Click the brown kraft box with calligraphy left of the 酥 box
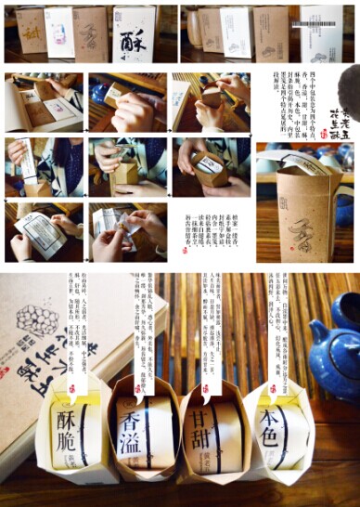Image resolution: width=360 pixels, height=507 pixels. [90, 30]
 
